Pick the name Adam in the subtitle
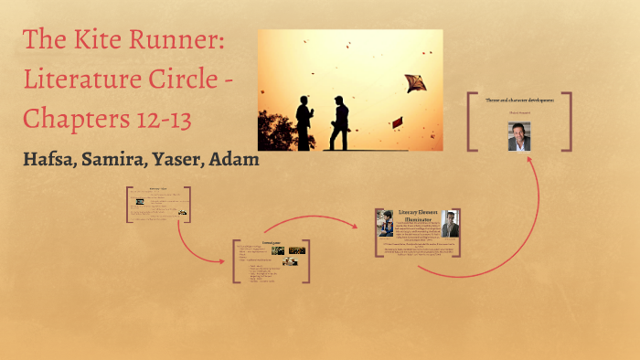pyautogui.click(x=234, y=159)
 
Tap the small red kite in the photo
pyautogui.click(x=397, y=122)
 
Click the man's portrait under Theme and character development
pyautogui.click(x=519, y=135)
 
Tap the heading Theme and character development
pyautogui.click(x=518, y=99)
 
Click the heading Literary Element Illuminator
pyautogui.click(x=420, y=215)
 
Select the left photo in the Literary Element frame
pyautogui.click(x=386, y=222)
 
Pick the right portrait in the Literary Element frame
pyautogui.click(x=451, y=223)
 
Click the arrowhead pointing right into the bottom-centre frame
pyautogui.click(x=222, y=261)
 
